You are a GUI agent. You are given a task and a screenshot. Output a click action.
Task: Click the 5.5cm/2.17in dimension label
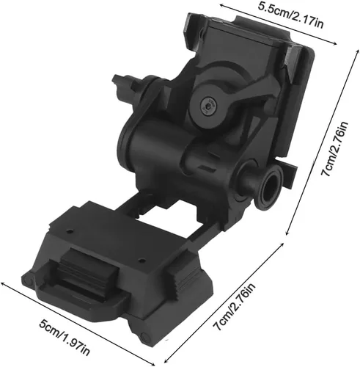(x=290, y=15)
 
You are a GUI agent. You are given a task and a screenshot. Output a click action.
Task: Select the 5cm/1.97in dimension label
(x=65, y=337)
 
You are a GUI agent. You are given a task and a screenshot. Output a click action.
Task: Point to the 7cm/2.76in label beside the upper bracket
(x=334, y=148)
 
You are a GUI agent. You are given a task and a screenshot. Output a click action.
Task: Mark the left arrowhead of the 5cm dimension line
(x=4, y=284)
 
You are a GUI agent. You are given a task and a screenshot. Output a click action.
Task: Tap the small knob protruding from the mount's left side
(x=122, y=82)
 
